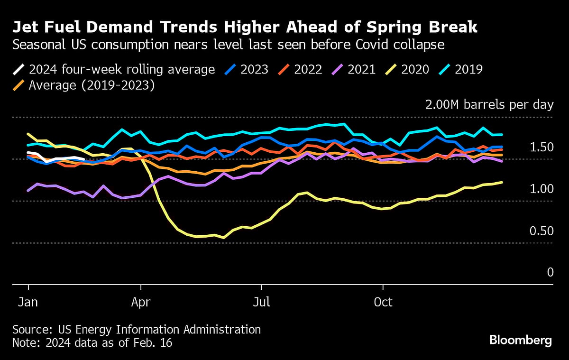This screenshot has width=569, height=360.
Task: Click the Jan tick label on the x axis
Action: coord(29,302)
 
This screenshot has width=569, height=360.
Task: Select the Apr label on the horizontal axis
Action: coord(141,302)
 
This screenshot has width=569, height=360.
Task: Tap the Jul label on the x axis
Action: coord(261,302)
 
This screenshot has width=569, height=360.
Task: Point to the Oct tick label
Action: coord(383,302)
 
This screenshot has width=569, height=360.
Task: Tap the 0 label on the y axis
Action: coord(550,272)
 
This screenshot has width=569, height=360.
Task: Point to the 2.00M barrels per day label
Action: coord(489,105)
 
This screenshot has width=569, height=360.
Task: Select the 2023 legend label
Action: coord(254,70)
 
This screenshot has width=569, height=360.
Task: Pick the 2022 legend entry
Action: coord(308,70)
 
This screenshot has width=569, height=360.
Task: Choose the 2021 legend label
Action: coord(361,70)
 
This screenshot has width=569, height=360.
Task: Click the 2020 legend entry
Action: coord(415,70)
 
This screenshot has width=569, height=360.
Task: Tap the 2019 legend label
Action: coord(468,70)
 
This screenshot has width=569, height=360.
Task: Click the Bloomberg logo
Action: coord(521,340)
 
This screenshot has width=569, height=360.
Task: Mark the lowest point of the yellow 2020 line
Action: coord(224,238)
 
